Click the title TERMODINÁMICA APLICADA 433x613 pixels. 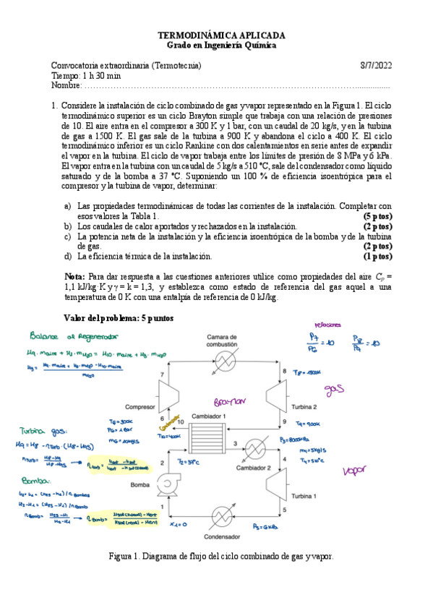pyautogui.click(x=221, y=35)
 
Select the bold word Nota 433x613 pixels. pyautogui.click(x=74, y=276)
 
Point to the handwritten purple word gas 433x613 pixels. pyautogui.click(x=333, y=390)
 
